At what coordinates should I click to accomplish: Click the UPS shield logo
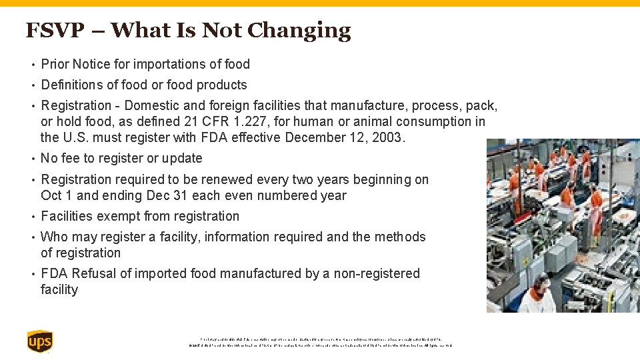click(x=40, y=341)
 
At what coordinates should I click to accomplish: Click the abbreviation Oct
click(x=51, y=196)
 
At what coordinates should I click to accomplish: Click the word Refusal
click(x=95, y=274)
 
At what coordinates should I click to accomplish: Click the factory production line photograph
click(x=563, y=225)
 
